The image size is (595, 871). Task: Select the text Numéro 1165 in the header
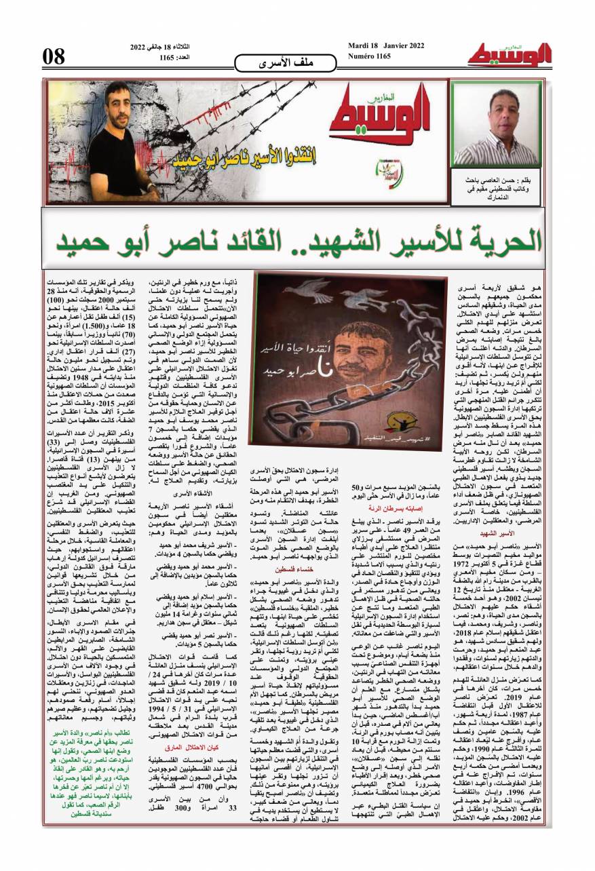[x=370, y=56]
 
